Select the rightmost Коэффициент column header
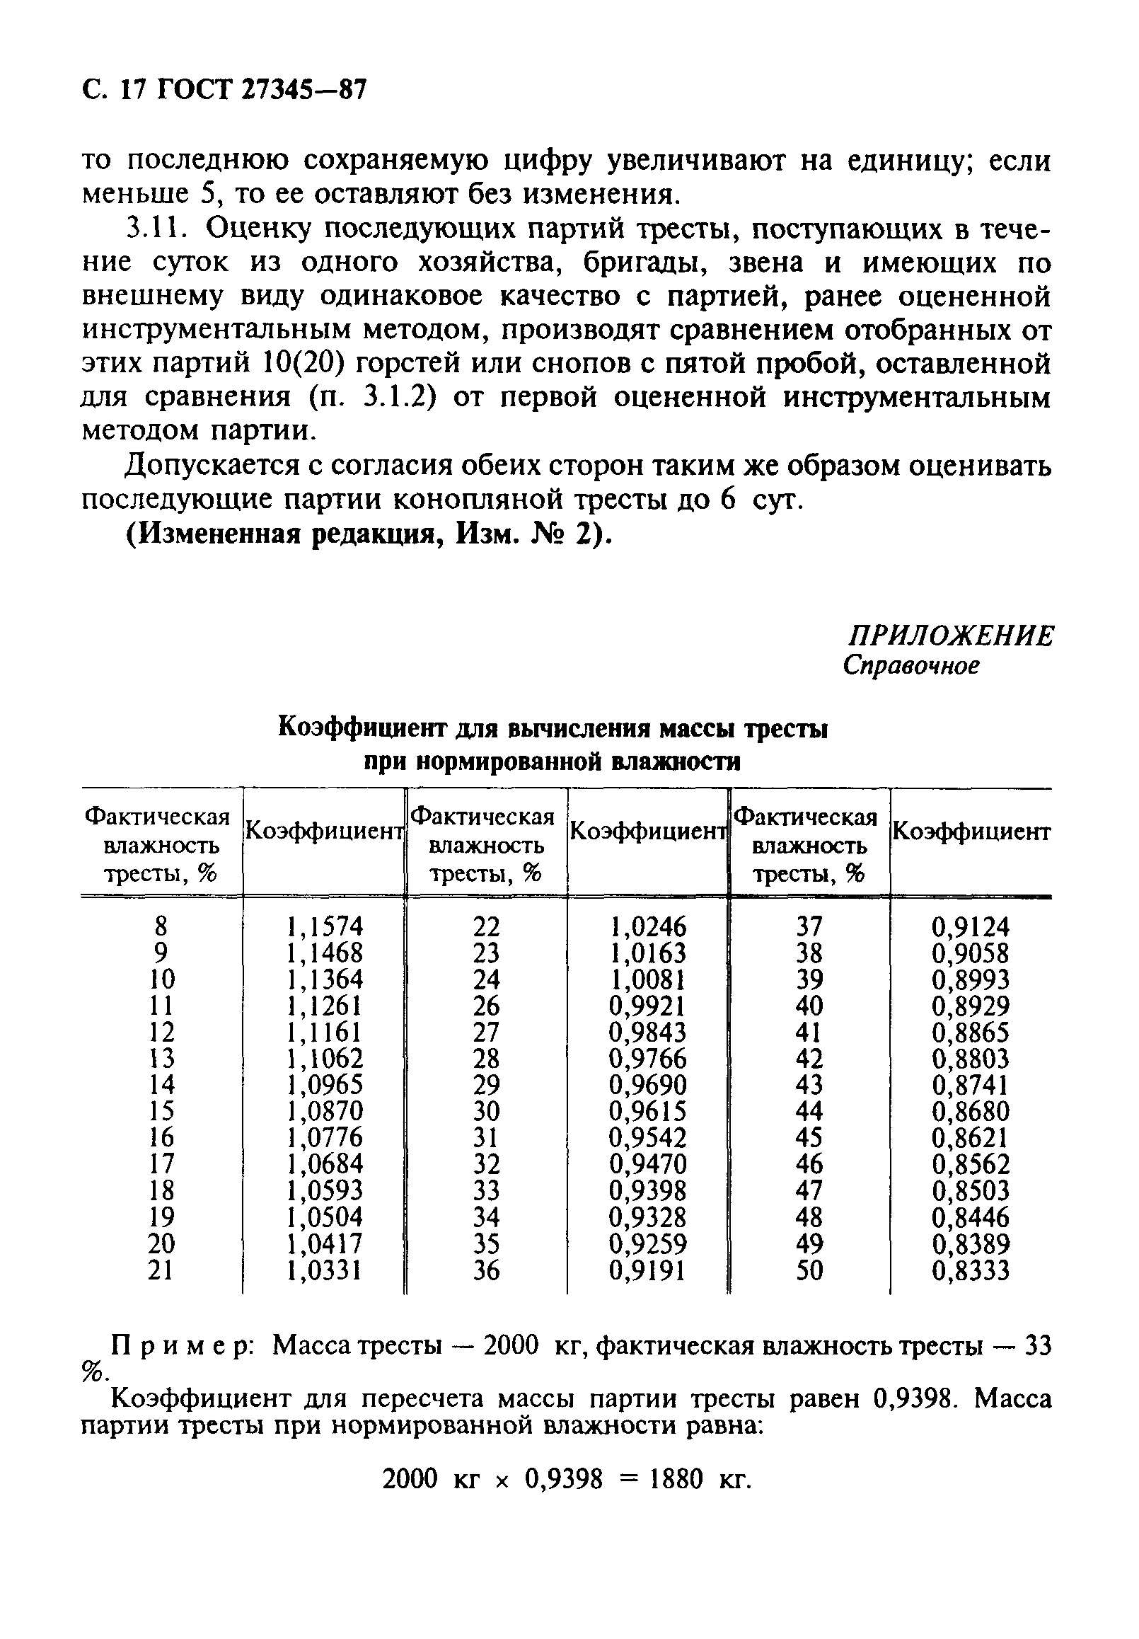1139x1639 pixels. point(971,832)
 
